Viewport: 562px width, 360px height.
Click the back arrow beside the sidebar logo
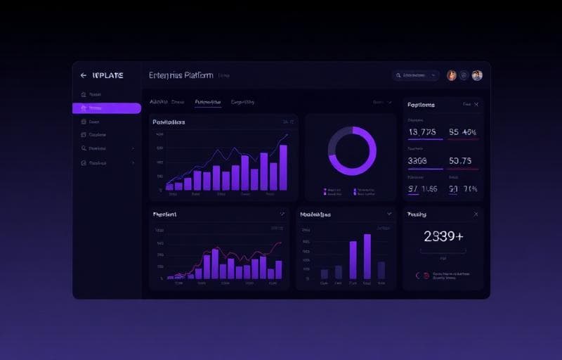coord(84,75)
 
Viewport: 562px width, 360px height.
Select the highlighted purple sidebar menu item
coord(106,108)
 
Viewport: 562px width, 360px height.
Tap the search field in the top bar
coord(416,75)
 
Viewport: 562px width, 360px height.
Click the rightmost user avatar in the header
coord(477,75)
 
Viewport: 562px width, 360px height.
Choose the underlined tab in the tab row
coord(207,102)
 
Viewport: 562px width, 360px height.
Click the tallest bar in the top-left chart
coord(283,167)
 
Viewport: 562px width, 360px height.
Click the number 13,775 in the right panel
coord(422,131)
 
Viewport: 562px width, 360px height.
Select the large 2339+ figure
coord(443,237)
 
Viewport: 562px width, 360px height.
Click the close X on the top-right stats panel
coord(476,104)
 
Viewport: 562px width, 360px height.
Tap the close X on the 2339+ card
coord(476,214)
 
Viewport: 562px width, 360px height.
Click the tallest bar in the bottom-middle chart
coord(367,257)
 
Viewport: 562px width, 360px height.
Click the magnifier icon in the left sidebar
coord(84,148)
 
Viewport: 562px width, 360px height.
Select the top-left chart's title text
coord(169,122)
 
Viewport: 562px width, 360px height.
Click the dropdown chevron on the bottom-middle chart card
coord(388,214)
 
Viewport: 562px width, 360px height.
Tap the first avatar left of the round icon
coord(452,75)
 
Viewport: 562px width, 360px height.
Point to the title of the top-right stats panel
coord(421,104)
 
